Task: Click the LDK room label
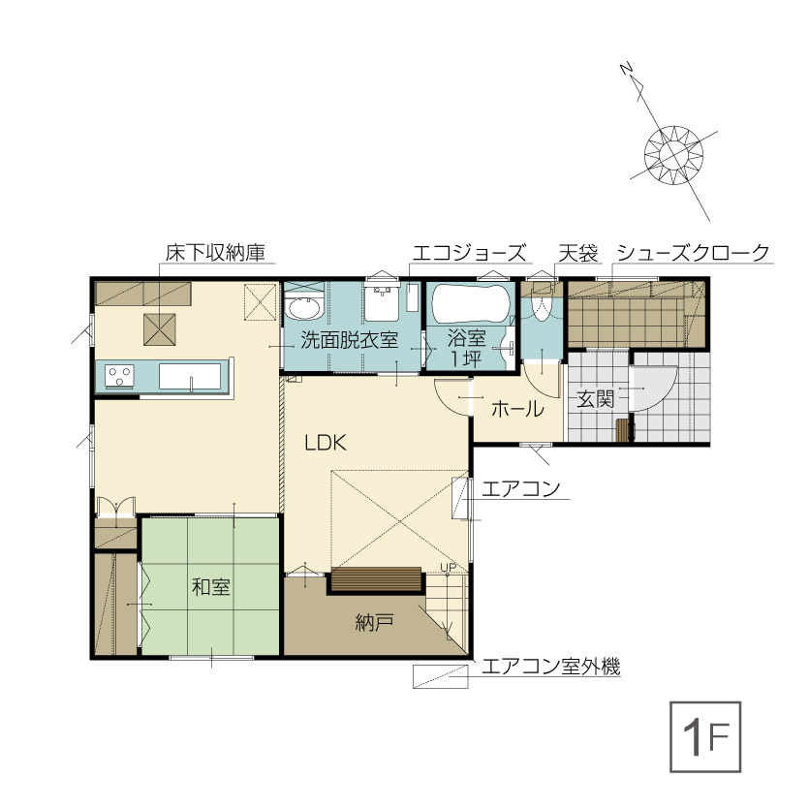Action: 325,443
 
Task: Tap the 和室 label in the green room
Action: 211,587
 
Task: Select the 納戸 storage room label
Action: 375,623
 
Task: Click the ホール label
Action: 517,409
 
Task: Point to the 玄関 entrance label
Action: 596,399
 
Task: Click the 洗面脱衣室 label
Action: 350,340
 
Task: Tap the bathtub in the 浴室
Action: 470,304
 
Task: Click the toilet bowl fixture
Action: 542,306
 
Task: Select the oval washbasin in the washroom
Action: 305,308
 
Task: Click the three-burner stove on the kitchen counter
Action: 120,376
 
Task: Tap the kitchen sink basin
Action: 190,376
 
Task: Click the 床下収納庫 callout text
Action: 215,253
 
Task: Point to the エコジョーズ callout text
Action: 469,253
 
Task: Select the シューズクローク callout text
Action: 693,253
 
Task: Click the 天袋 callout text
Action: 577,253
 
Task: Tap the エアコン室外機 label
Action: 550,667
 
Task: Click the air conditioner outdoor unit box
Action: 440,676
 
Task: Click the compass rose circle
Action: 673,154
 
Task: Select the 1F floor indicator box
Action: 705,736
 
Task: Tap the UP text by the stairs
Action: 449,568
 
